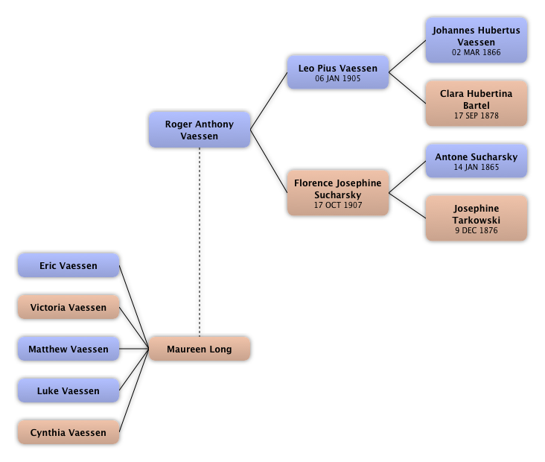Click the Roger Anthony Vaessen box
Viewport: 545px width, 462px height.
(x=199, y=130)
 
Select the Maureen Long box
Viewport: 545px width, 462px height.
(x=199, y=349)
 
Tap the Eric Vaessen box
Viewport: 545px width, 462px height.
(x=68, y=265)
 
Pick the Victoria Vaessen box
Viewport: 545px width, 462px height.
(x=68, y=307)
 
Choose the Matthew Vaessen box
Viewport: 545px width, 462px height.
(x=68, y=349)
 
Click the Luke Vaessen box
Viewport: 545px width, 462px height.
(x=68, y=390)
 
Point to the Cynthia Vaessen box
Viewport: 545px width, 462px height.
(x=68, y=432)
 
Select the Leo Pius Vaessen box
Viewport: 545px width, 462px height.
(x=337, y=72)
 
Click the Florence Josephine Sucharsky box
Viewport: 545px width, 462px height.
(x=337, y=193)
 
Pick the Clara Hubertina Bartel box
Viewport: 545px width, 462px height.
(x=476, y=104)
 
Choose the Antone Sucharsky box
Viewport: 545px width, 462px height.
(x=476, y=161)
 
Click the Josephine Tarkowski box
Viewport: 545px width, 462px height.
(x=476, y=218)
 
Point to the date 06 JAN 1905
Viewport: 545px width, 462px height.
(x=337, y=78)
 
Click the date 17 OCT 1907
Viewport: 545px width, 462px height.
(x=337, y=205)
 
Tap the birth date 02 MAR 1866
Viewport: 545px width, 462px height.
(x=476, y=53)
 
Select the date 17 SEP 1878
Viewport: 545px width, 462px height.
(x=476, y=116)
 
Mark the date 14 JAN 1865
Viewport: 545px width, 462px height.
(x=476, y=168)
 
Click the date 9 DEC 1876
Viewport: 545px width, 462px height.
(x=476, y=231)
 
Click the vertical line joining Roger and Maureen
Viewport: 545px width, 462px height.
(x=199, y=238)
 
